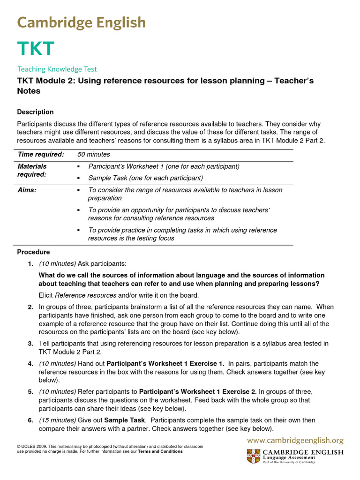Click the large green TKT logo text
36,49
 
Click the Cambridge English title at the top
82,22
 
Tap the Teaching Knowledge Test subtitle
57,69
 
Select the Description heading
35,112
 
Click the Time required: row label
40,154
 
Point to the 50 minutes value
94,154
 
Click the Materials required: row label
32,170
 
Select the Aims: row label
27,190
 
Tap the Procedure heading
33,252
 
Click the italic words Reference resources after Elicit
85,295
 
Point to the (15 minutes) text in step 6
57,420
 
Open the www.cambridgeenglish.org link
295,440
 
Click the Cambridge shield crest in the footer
253,456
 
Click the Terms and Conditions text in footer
160,451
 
